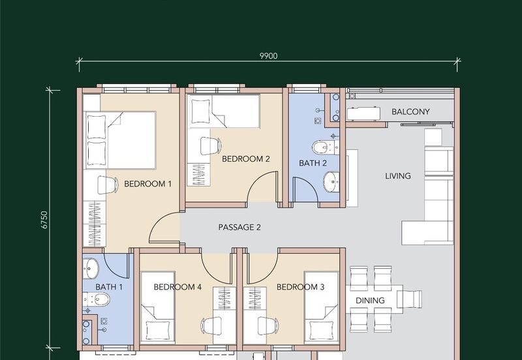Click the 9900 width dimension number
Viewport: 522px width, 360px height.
[268, 56]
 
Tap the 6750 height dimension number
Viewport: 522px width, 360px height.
[44, 220]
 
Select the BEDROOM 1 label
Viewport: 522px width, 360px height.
[148, 184]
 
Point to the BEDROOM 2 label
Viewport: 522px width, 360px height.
[246, 158]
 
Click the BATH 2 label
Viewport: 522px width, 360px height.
[313, 163]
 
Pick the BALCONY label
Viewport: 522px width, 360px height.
[410, 112]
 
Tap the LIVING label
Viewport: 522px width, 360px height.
[398, 175]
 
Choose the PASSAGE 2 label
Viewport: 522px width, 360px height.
[239, 227]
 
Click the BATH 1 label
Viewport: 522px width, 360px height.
[109, 287]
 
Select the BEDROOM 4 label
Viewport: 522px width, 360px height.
[177, 287]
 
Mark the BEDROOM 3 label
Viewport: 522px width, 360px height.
[300, 287]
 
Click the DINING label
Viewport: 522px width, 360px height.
[370, 301]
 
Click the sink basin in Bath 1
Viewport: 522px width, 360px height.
[91, 268]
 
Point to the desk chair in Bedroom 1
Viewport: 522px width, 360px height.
[108, 185]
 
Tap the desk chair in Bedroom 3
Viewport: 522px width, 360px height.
[268, 325]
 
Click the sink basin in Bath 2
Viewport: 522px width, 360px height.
[331, 182]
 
